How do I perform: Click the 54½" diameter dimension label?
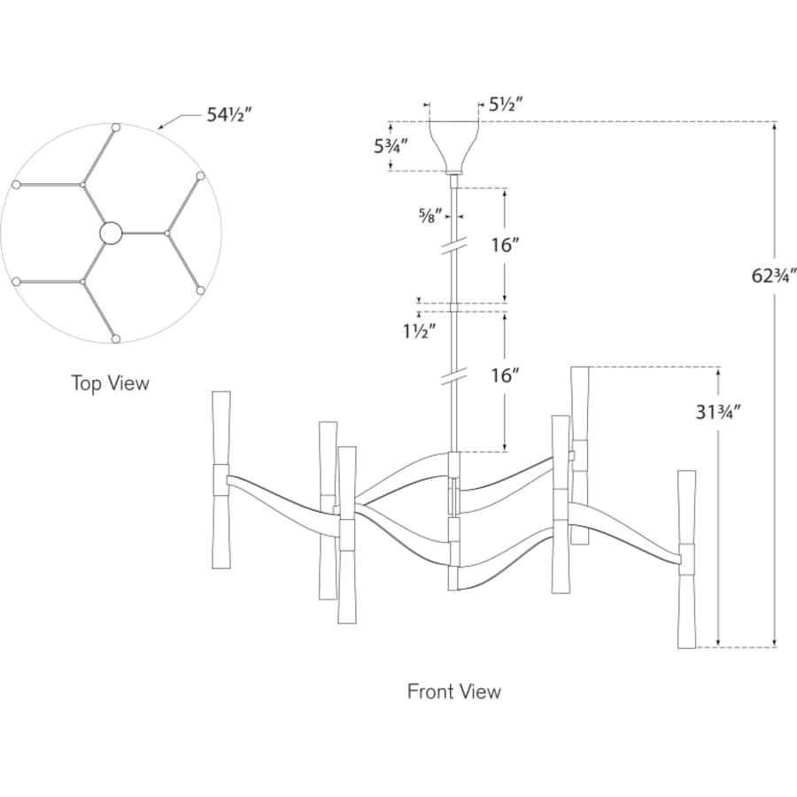pyautogui.click(x=229, y=115)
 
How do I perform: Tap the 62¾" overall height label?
pyautogui.click(x=774, y=276)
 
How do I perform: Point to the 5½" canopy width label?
pyautogui.click(x=506, y=104)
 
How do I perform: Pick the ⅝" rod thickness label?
pyautogui.click(x=431, y=215)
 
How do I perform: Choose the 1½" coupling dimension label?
pyautogui.click(x=420, y=331)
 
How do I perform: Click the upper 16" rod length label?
pyautogui.click(x=504, y=245)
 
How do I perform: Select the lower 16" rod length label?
pyautogui.click(x=504, y=375)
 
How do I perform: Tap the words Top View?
pyautogui.click(x=111, y=383)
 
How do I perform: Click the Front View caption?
pyautogui.click(x=454, y=692)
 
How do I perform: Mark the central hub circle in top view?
pyautogui.click(x=111, y=233)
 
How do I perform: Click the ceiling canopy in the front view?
pyautogui.click(x=454, y=147)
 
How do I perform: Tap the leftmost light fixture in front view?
pyautogui.click(x=221, y=480)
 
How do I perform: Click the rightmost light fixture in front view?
pyautogui.click(x=686, y=559)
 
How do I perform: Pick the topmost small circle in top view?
pyautogui.click(x=116, y=127)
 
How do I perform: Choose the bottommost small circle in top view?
pyautogui.click(x=116, y=338)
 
